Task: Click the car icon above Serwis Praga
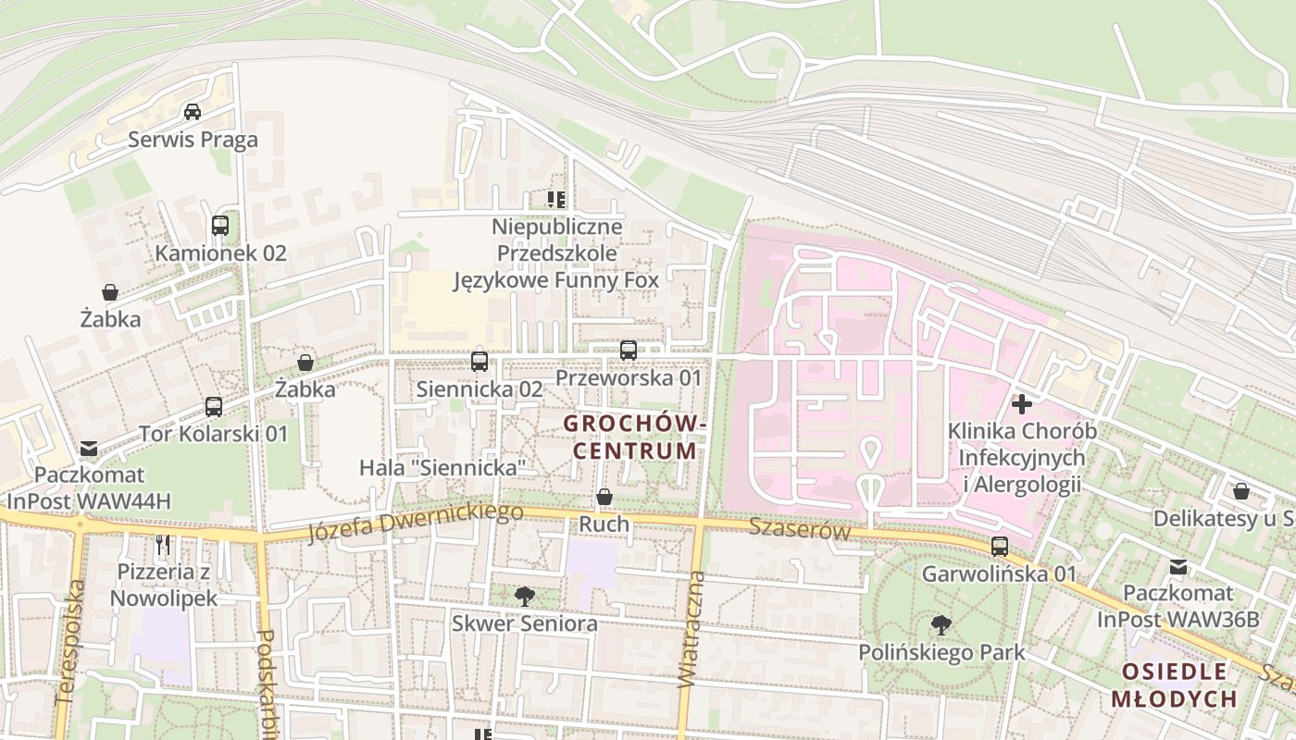[x=193, y=112]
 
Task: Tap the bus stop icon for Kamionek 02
[x=220, y=225]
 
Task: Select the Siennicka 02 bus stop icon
[x=480, y=361]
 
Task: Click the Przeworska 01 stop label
[x=629, y=378]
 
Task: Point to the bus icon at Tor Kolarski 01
[x=214, y=406]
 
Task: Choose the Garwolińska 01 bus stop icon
[x=1000, y=546]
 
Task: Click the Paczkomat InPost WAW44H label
[x=90, y=488]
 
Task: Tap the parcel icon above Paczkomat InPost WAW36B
[x=1178, y=566]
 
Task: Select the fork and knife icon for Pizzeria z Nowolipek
[x=164, y=544]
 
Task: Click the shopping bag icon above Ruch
[x=604, y=497]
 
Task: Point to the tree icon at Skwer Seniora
[x=524, y=596]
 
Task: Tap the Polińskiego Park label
[x=941, y=652]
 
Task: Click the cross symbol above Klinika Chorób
[x=1022, y=404]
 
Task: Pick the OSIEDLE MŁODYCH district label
[x=1174, y=684]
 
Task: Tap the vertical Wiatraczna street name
[x=692, y=629]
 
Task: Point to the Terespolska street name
[x=69, y=642]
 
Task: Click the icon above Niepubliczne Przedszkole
[x=556, y=199]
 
